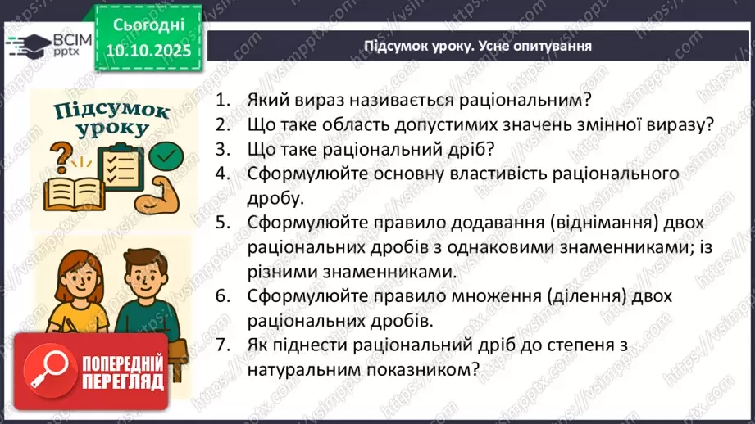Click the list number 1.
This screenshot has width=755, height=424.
[x=221, y=100]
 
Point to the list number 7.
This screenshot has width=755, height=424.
[x=221, y=345]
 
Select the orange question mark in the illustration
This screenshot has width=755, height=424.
[x=59, y=156]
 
